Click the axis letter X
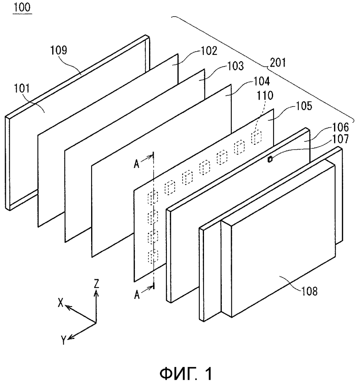coord(61,303)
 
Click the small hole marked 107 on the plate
coord(270,159)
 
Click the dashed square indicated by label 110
coord(256,137)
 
